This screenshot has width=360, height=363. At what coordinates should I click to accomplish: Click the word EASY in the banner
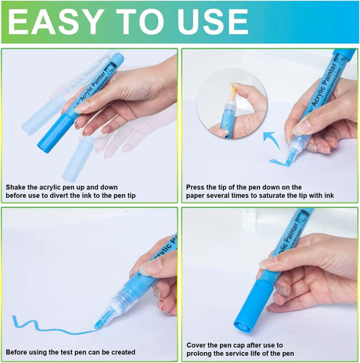[x=55, y=22]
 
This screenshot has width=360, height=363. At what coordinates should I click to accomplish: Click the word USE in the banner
[x=213, y=22]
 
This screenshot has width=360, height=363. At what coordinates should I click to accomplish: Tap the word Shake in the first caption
[x=16, y=187]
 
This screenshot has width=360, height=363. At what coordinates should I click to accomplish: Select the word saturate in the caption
[x=282, y=196]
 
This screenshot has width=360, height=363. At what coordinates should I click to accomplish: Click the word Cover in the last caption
[x=196, y=345]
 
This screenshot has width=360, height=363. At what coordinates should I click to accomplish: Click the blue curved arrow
[x=272, y=139]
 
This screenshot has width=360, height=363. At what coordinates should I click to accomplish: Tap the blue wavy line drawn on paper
[x=53, y=325]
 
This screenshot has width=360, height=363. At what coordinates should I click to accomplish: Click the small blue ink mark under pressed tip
[x=279, y=162]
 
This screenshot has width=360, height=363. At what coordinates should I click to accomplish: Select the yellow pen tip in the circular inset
[x=233, y=90]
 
